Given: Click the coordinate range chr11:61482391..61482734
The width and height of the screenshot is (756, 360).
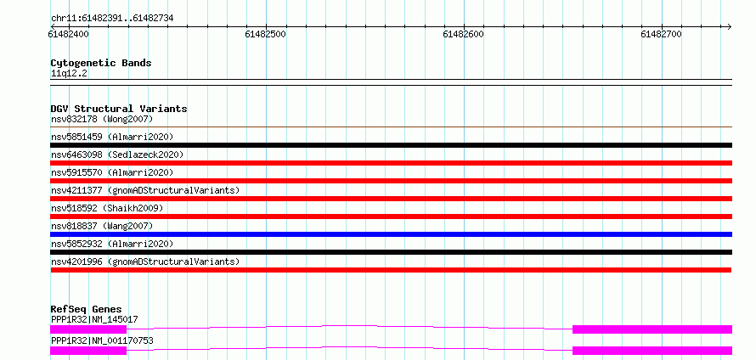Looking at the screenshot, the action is coord(112,19).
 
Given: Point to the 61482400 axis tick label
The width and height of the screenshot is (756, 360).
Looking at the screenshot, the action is coord(69,34).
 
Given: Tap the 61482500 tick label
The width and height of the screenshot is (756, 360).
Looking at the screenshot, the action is coord(266,34).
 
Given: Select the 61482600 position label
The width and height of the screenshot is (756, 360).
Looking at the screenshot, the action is coord(463,34).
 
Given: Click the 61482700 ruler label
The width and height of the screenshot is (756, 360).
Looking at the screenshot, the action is coord(661,34).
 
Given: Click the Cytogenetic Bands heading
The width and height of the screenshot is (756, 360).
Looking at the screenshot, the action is coord(101,63).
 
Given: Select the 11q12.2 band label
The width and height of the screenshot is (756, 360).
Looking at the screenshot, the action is coord(69,74).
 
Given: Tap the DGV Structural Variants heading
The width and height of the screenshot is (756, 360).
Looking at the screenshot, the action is coord(119,109).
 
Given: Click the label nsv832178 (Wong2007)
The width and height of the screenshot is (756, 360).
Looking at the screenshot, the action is coord(102,119).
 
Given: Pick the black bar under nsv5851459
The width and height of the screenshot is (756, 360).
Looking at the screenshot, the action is coord(391,145).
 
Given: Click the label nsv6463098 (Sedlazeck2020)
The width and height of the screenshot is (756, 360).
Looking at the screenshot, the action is coord(117,155).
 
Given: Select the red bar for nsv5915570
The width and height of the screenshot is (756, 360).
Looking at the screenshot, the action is coord(391,181).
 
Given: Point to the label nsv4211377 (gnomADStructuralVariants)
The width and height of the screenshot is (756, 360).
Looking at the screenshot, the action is coord(145,190).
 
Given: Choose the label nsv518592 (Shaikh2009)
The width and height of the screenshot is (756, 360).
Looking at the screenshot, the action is coord(107,208).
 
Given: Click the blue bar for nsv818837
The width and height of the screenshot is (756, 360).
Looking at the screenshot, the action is coord(391,234).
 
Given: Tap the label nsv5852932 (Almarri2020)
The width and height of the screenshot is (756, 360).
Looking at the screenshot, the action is coord(112,244).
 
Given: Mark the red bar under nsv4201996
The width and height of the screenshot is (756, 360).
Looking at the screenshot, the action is coord(391,270).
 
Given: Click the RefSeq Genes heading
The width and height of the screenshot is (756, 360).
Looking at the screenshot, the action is coord(87,309).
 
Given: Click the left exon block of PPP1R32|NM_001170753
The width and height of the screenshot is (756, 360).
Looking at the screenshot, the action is coord(88,351).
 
